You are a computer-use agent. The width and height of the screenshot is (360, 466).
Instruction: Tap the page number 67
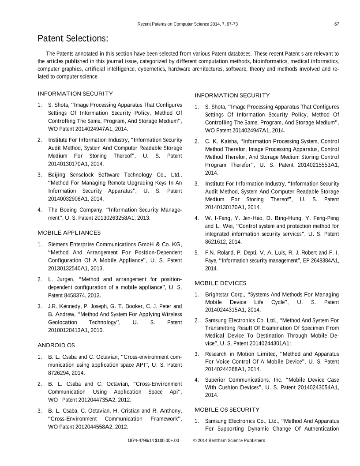pos(336,23)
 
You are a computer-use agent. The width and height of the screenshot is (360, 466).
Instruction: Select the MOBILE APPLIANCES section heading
pos(69,232)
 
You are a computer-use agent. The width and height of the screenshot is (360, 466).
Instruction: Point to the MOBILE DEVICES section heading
pos(220,283)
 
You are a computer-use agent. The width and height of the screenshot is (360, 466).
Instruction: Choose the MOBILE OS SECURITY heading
pos(227,410)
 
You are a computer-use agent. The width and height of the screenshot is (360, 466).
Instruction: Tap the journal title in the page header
pos(187,23)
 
